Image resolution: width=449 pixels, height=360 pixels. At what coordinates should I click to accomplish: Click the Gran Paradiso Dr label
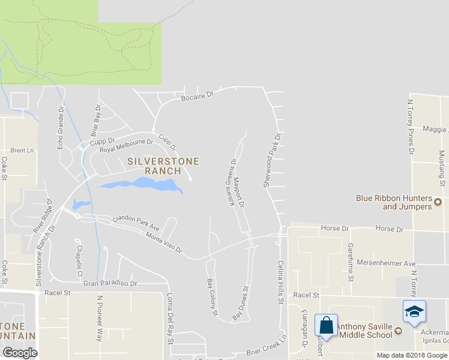(110, 283)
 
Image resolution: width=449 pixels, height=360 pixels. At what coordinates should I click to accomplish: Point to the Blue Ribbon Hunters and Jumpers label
(394, 202)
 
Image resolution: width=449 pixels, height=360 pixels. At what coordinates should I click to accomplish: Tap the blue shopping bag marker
(326, 326)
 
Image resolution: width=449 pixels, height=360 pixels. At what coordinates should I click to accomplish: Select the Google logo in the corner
(20, 353)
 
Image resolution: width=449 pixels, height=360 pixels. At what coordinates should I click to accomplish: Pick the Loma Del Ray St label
(170, 322)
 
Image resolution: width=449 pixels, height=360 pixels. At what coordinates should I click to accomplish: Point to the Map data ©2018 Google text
(412, 355)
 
